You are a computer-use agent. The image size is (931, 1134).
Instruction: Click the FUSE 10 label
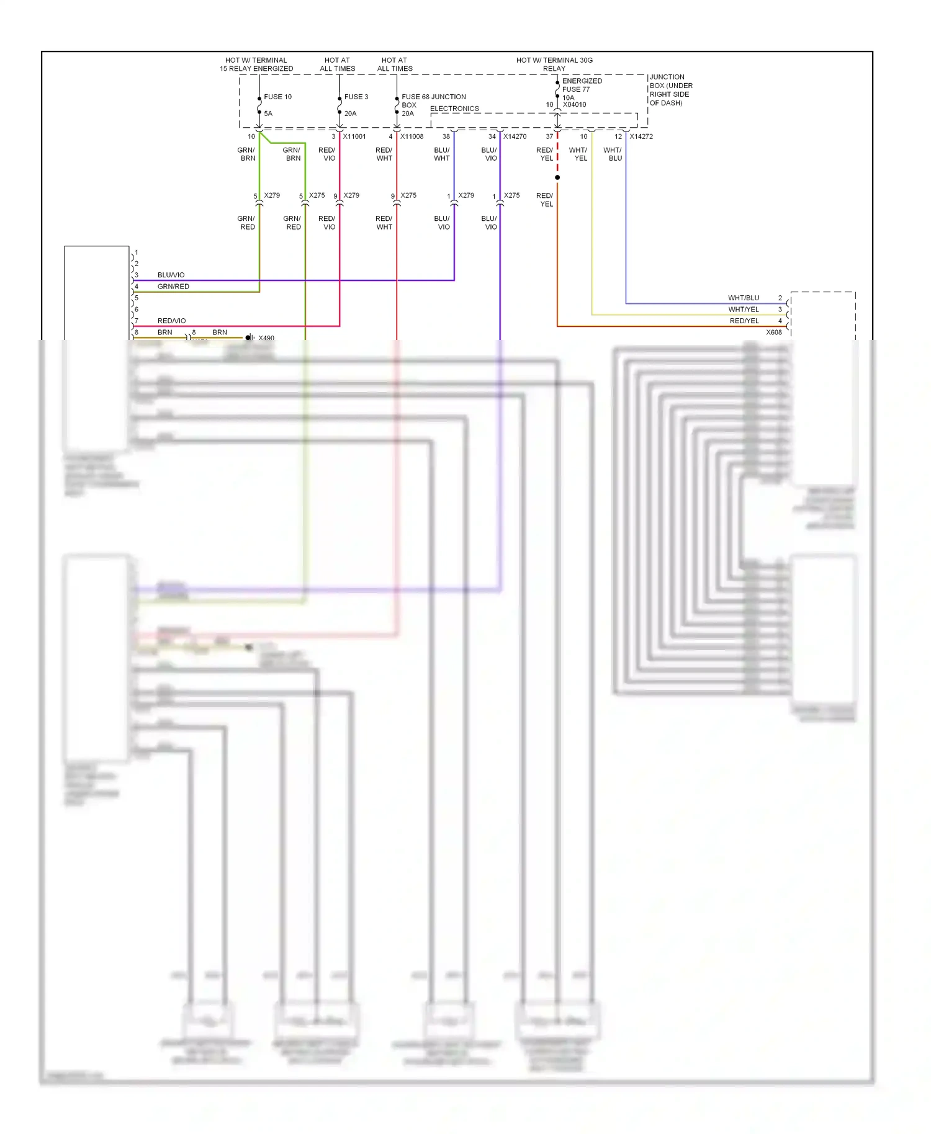point(277,97)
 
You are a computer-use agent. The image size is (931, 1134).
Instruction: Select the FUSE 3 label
point(356,97)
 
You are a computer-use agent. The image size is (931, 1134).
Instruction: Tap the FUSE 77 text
point(576,89)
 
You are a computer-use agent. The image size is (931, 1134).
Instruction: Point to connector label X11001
point(354,136)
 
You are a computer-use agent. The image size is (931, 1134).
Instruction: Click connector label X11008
point(412,136)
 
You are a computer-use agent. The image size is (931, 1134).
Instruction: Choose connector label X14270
point(515,136)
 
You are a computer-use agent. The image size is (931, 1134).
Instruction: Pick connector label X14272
point(641,136)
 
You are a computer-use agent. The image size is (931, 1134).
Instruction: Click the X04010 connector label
point(574,105)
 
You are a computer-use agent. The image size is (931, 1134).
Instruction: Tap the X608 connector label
point(774,333)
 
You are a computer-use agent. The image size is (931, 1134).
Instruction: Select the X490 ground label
point(266,338)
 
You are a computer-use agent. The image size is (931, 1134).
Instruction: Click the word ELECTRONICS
point(454,109)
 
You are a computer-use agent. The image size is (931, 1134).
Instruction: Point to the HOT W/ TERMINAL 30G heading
point(554,60)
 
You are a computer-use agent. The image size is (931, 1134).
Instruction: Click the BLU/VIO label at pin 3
point(171,275)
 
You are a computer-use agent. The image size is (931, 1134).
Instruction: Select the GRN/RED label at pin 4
point(173,287)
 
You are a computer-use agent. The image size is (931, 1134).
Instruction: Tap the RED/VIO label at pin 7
point(171,321)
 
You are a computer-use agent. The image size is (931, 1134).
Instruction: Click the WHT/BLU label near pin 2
point(744,298)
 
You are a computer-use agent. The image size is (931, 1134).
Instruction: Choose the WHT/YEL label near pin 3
point(744,310)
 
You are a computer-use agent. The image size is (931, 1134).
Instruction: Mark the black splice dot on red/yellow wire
point(557,177)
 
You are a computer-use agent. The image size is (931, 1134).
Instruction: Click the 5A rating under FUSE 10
point(268,114)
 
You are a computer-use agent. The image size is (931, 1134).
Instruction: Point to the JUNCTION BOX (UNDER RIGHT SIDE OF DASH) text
point(670,90)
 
